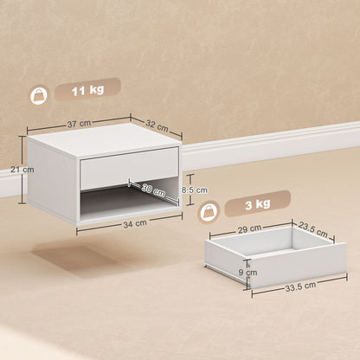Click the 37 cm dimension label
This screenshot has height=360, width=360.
tap(79, 124)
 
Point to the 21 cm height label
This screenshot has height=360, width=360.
tap(28, 170)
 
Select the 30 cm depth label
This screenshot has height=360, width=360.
tap(153, 189)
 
